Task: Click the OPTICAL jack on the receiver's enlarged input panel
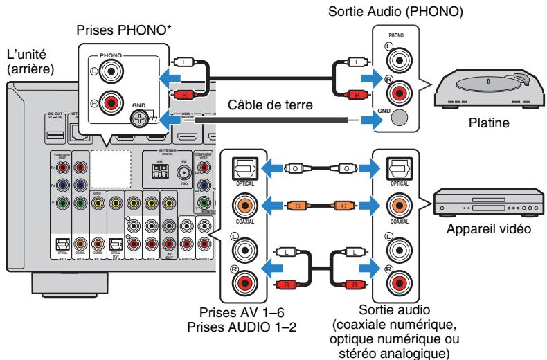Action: (238, 168)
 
